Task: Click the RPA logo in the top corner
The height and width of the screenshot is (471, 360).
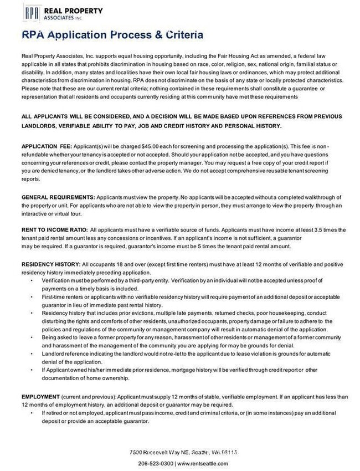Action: click(x=32, y=11)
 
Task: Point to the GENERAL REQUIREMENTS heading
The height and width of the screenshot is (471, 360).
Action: click(x=58, y=197)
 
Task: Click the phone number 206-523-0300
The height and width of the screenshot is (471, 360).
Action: click(x=156, y=463)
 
